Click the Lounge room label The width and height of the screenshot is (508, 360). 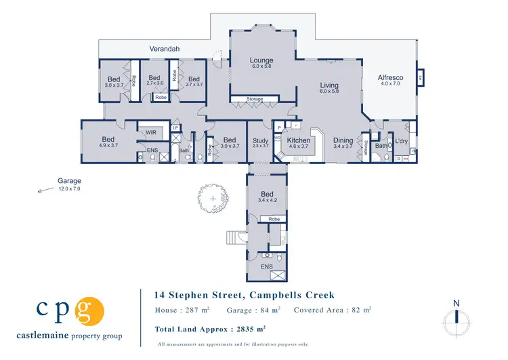(261, 60)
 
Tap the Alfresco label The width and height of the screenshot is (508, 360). (391, 78)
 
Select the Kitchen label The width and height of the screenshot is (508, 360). (299, 140)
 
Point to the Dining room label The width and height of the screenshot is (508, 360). (343, 140)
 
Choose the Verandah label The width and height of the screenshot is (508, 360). (165, 49)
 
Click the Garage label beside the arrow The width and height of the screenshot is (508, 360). (69, 181)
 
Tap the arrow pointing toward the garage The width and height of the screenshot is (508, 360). (44, 191)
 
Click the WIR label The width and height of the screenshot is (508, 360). (151, 133)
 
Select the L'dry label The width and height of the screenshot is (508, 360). (402, 141)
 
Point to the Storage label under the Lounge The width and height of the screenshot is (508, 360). (254, 100)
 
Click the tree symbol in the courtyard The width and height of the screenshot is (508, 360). (213, 198)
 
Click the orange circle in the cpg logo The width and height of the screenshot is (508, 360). (90, 311)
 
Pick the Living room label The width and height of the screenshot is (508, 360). (329, 85)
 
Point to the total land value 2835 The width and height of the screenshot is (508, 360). (247, 329)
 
